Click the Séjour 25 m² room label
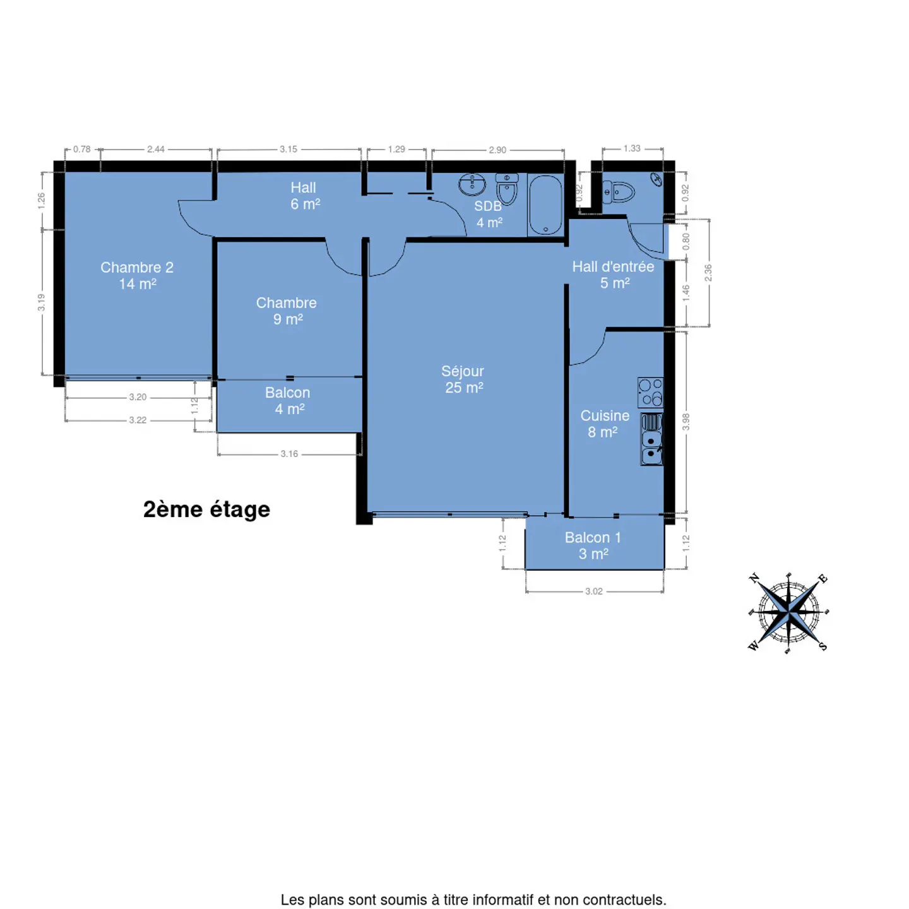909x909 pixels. [x=463, y=379]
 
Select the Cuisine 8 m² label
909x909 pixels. [x=604, y=424]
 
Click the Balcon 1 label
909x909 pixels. [x=593, y=545]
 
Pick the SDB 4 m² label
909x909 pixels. [x=489, y=214]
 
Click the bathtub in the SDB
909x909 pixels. [x=545, y=205]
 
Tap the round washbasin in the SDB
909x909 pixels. [x=472, y=184]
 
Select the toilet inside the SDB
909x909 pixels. [x=507, y=188]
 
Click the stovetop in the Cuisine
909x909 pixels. [x=650, y=393]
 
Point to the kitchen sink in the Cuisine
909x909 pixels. [x=651, y=439]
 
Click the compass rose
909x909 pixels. [x=788, y=613]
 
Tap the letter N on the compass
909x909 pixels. [x=754, y=578]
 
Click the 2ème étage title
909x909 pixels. [x=206, y=510]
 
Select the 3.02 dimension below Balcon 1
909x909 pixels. [x=594, y=591]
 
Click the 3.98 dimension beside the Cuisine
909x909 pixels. [x=686, y=421]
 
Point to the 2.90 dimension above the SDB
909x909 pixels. [x=497, y=150]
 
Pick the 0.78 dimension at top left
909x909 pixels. [x=81, y=150]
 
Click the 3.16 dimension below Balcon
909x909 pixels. [x=289, y=454]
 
